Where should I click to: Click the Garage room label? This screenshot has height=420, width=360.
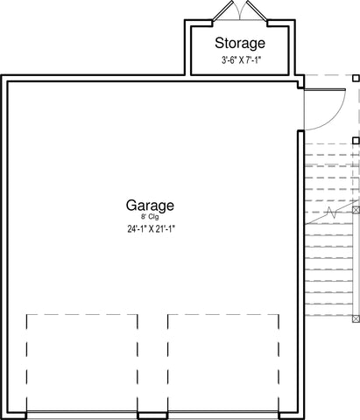point(150,206)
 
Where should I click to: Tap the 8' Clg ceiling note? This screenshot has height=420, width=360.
point(150,217)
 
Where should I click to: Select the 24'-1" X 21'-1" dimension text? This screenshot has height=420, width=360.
point(151,229)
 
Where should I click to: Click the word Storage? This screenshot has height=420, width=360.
point(240,44)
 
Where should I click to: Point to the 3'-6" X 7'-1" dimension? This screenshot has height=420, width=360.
point(241,60)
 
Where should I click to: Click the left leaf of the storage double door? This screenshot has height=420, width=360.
point(222,11)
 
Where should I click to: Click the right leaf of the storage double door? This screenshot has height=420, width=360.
point(257,11)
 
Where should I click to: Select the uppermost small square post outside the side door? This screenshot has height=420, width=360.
point(356,78)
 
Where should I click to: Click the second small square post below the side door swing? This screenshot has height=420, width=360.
point(356,141)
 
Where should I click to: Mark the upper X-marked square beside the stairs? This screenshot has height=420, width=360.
point(356,210)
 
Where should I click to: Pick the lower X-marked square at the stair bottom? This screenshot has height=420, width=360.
point(356,318)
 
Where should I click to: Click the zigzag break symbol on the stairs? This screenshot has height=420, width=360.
point(332,213)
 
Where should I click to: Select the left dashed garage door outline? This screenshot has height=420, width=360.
point(82,363)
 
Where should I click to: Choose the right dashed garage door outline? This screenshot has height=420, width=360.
point(223,363)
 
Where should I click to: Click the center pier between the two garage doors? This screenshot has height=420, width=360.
point(152,416)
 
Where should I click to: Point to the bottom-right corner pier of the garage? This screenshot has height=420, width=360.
point(292,416)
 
